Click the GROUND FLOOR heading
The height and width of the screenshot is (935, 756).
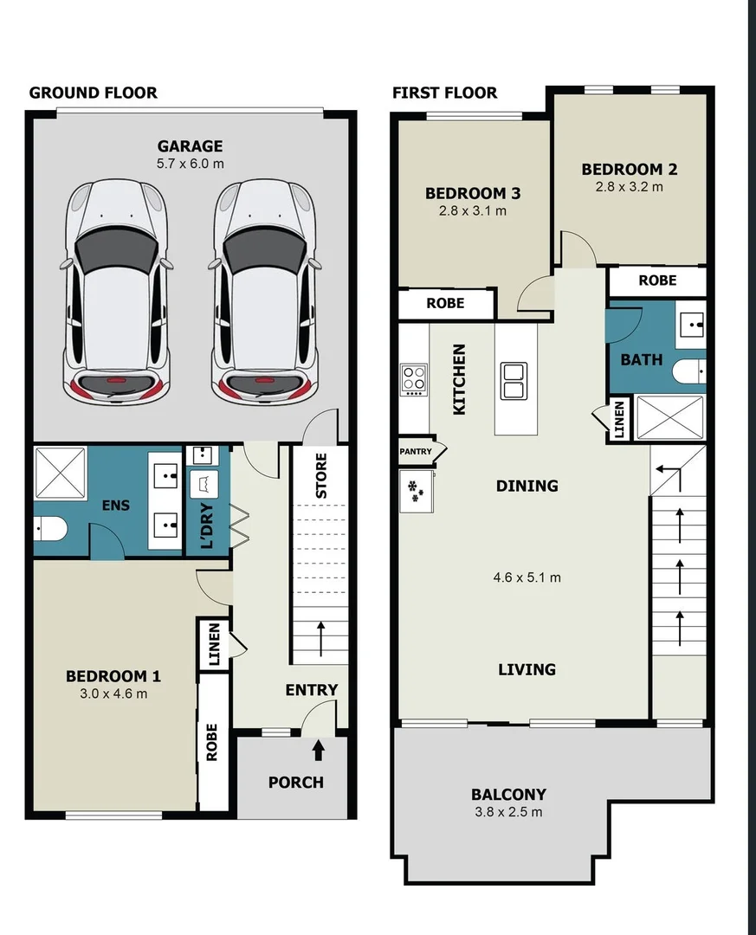point(94,93)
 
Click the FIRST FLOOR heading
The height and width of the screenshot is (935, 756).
point(444,93)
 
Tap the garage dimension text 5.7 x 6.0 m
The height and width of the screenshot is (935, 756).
point(190,163)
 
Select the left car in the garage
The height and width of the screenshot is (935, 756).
point(115,291)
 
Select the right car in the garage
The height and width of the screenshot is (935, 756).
point(265,291)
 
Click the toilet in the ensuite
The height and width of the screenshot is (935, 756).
point(50,529)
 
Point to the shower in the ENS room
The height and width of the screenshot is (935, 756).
point(60,473)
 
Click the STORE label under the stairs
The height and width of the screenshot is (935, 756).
point(321,475)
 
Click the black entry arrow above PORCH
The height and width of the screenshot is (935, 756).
point(319,748)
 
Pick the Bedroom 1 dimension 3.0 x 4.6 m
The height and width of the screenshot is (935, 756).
point(113,693)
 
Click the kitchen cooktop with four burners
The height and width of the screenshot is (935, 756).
point(414,379)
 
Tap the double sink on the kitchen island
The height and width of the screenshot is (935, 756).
point(514,381)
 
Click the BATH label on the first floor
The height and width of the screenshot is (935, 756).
point(641,359)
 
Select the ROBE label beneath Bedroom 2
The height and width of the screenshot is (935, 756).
point(657,280)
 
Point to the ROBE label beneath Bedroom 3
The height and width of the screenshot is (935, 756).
point(445,303)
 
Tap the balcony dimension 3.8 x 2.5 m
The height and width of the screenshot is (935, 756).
point(508,812)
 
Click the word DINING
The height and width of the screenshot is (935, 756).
point(527,486)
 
